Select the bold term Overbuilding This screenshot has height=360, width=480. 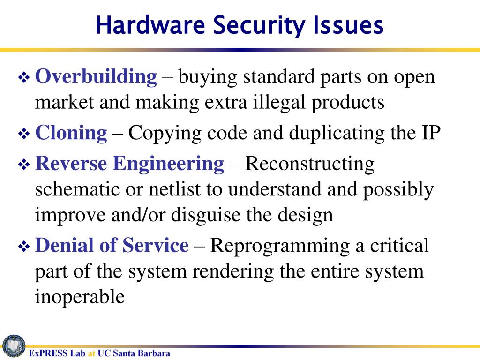coord(96,76)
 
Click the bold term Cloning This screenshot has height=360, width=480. coord(71,133)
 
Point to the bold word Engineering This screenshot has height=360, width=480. coord(169,164)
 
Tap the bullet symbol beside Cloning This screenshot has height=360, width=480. coord(24,134)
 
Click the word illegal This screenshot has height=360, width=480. coord(280,102)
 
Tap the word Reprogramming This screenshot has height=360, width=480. coord(280,246)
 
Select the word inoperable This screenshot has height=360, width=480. coord(80,297)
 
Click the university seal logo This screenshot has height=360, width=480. coord(14,346)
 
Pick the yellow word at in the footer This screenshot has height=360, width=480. coord(92,353)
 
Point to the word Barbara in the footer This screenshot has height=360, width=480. coord(154,353)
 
